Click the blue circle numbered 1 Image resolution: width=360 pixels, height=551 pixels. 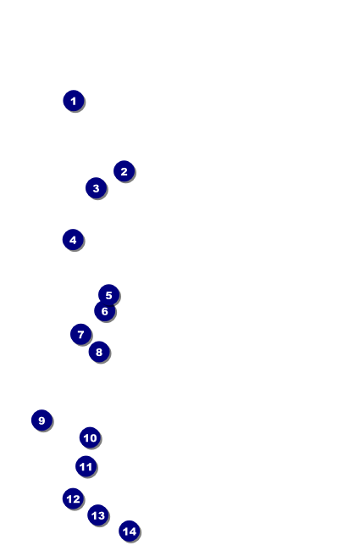coord(74,101)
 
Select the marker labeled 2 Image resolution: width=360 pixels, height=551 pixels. coord(124,171)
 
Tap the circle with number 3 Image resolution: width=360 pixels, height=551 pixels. coord(96,188)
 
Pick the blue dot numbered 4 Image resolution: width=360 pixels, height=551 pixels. coord(73,240)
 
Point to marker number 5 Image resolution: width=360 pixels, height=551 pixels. coord(109,295)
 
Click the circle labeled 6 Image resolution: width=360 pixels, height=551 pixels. coord(105,311)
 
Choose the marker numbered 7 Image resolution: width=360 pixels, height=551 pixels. coord(80,334)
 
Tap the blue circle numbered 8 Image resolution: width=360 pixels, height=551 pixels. coord(99,352)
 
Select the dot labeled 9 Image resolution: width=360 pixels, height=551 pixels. coord(42,420)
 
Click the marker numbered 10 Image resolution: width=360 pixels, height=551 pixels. coord(90,437)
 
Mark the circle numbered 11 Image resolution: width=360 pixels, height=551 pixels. coord(86,466)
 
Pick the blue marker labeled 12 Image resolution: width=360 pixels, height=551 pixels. coord(73,498)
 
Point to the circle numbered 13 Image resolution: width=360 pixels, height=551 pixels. coord(98,515)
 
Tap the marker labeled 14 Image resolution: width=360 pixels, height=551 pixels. coord(130,531)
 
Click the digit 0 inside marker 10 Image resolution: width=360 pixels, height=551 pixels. coord(92,438)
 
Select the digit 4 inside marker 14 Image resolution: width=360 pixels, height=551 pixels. coord(132,532)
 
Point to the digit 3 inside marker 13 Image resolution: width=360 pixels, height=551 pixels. coord(101,515)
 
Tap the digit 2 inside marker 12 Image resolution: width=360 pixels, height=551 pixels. coord(76,499)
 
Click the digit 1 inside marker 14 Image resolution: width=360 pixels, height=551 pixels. coord(125,532)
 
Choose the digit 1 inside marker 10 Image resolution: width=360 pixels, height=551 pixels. coord(86,438)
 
